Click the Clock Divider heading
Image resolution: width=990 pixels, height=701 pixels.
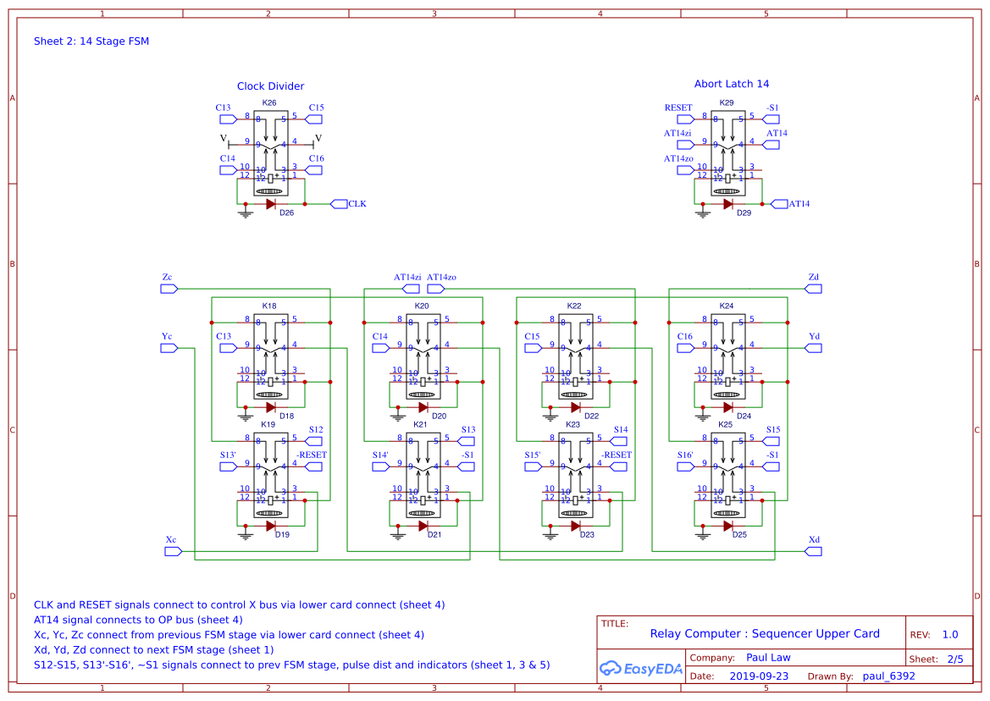click(x=270, y=86)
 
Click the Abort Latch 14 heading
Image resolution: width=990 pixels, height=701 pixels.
click(x=732, y=84)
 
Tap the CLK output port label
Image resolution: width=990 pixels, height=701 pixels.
click(x=357, y=204)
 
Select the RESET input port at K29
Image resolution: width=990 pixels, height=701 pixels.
click(x=678, y=108)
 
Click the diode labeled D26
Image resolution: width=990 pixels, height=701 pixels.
click(x=271, y=204)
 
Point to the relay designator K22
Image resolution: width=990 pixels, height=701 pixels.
click(x=574, y=306)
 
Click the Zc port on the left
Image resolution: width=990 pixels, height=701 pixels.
click(x=168, y=278)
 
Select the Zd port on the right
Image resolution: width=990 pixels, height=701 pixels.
click(x=814, y=278)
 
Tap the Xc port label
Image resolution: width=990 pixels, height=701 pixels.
click(x=171, y=540)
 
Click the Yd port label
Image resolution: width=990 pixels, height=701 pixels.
click(x=814, y=337)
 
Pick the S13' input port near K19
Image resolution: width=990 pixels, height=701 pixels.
click(x=228, y=455)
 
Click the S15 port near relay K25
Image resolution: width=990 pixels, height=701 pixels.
click(x=772, y=430)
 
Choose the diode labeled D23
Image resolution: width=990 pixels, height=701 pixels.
click(x=576, y=526)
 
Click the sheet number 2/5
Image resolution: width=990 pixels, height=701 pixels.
click(x=954, y=659)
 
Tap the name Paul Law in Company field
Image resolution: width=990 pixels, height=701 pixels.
click(x=767, y=657)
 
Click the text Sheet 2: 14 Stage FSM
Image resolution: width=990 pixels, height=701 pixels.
click(x=91, y=41)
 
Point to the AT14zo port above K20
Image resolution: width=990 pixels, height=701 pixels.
click(x=441, y=278)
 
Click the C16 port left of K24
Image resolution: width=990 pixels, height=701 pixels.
click(x=685, y=337)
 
